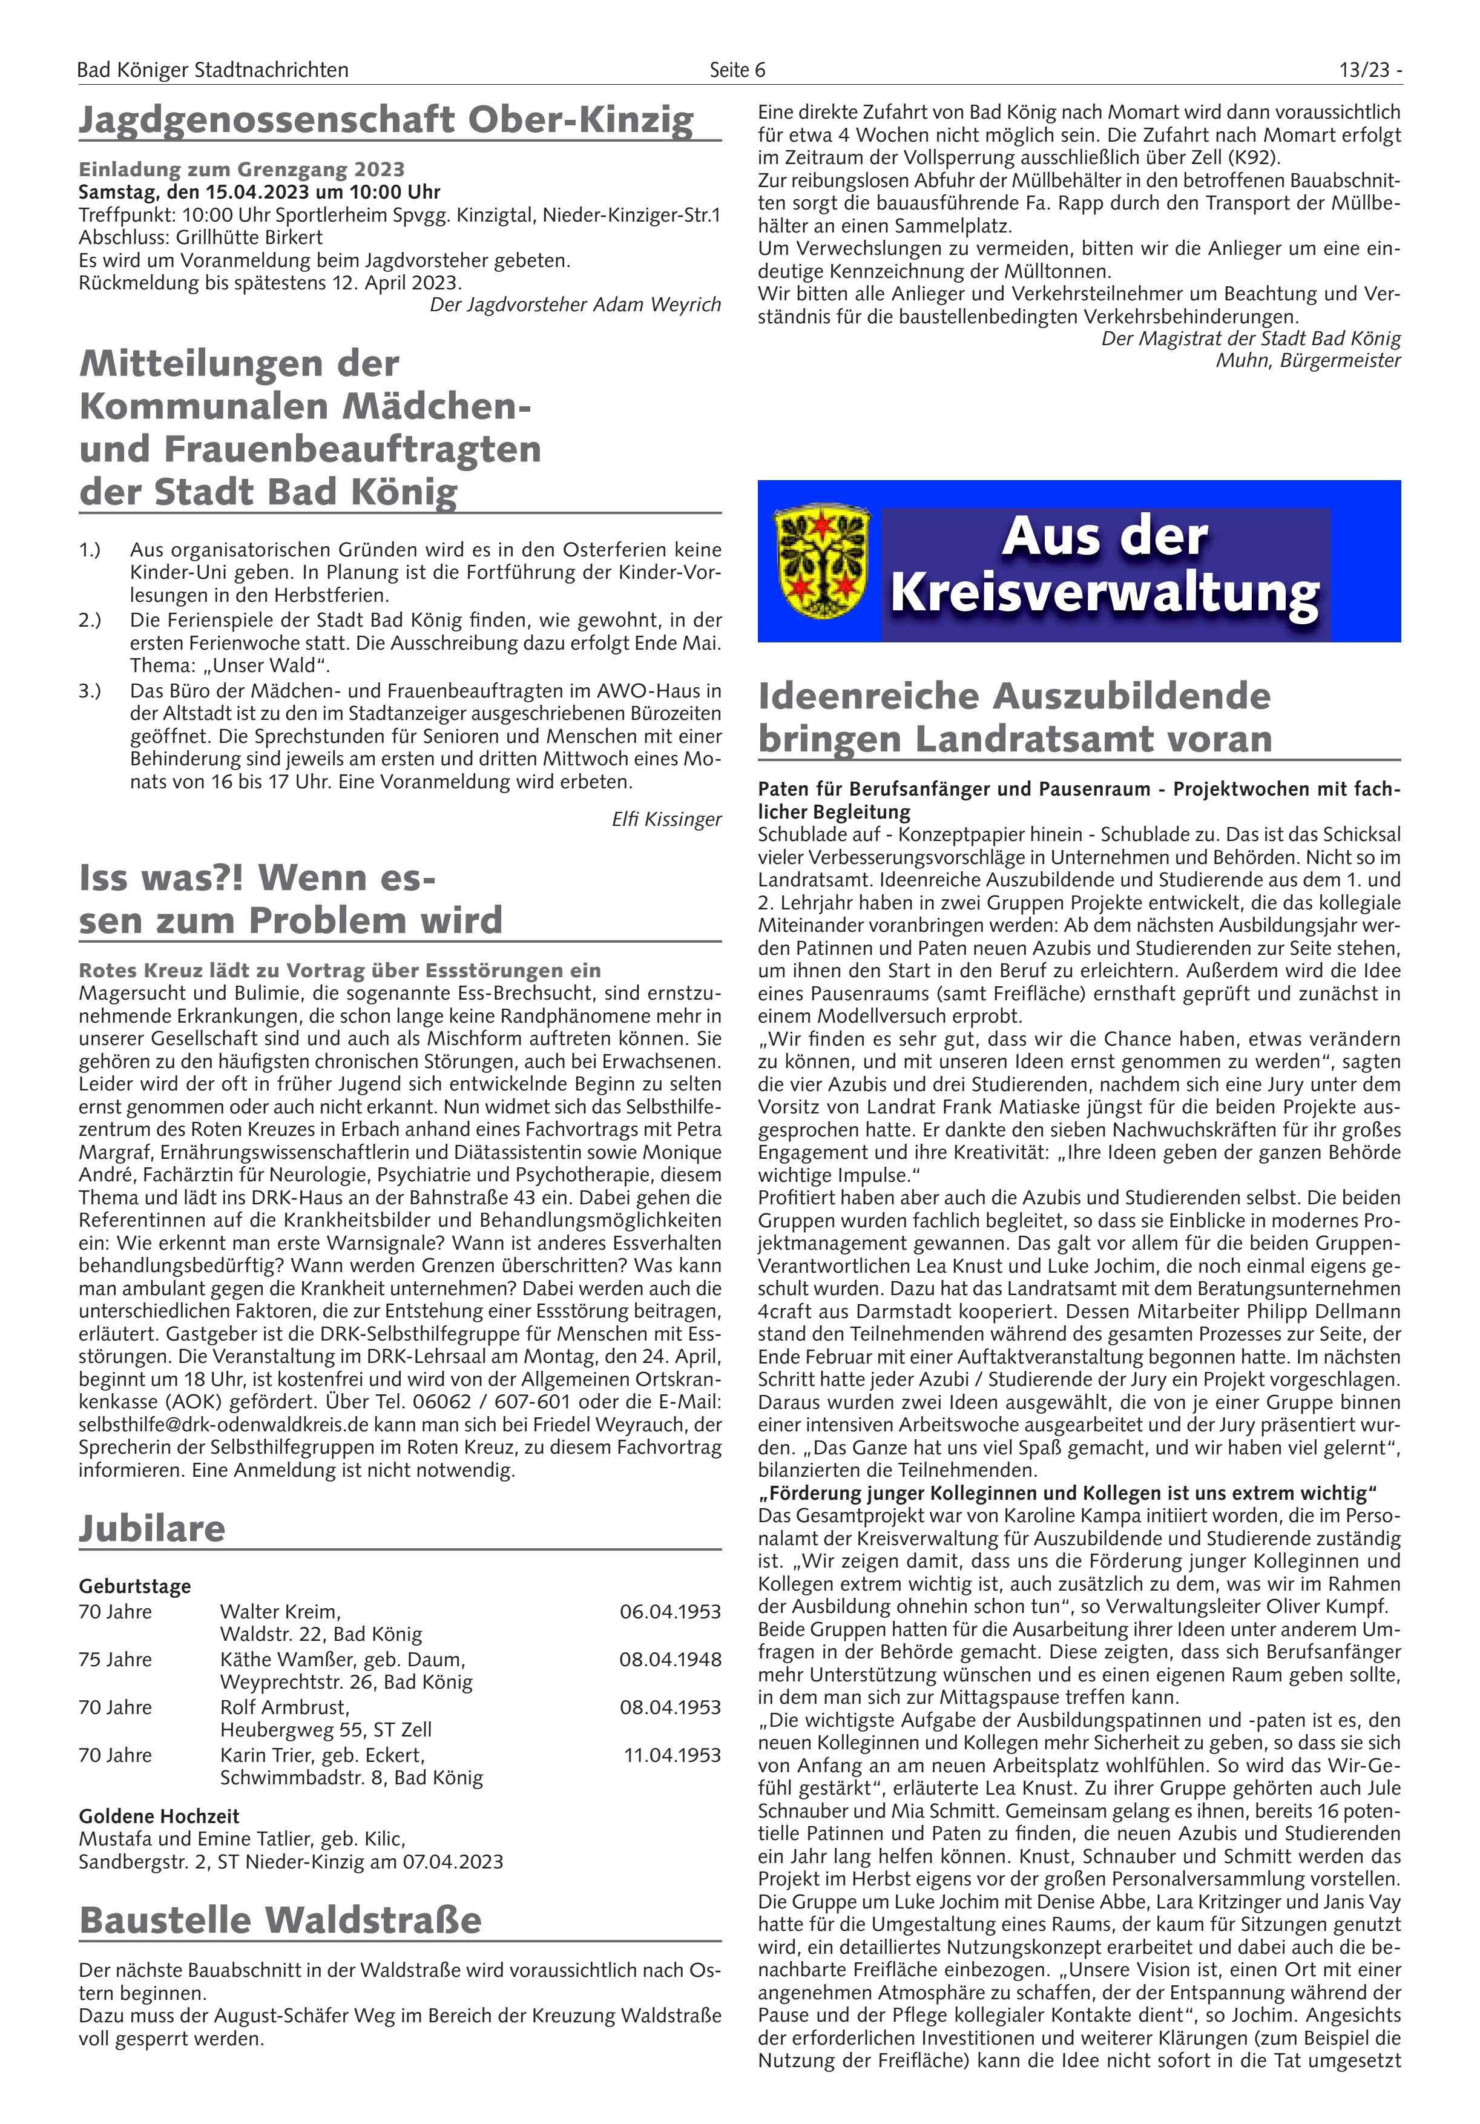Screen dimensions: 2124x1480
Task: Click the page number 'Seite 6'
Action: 737,70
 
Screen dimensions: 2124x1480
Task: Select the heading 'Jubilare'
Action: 152,1528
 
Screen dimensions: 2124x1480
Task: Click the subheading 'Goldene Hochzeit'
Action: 159,1816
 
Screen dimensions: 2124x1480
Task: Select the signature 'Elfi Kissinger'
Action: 666,819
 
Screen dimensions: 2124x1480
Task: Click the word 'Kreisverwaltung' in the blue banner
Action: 1105,594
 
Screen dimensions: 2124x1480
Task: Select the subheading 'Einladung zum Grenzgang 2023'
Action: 242,170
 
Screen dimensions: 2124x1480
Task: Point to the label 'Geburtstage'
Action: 135,1586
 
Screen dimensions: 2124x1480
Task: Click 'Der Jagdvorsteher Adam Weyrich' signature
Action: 574,305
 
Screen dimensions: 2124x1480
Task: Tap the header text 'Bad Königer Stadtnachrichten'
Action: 212,70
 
